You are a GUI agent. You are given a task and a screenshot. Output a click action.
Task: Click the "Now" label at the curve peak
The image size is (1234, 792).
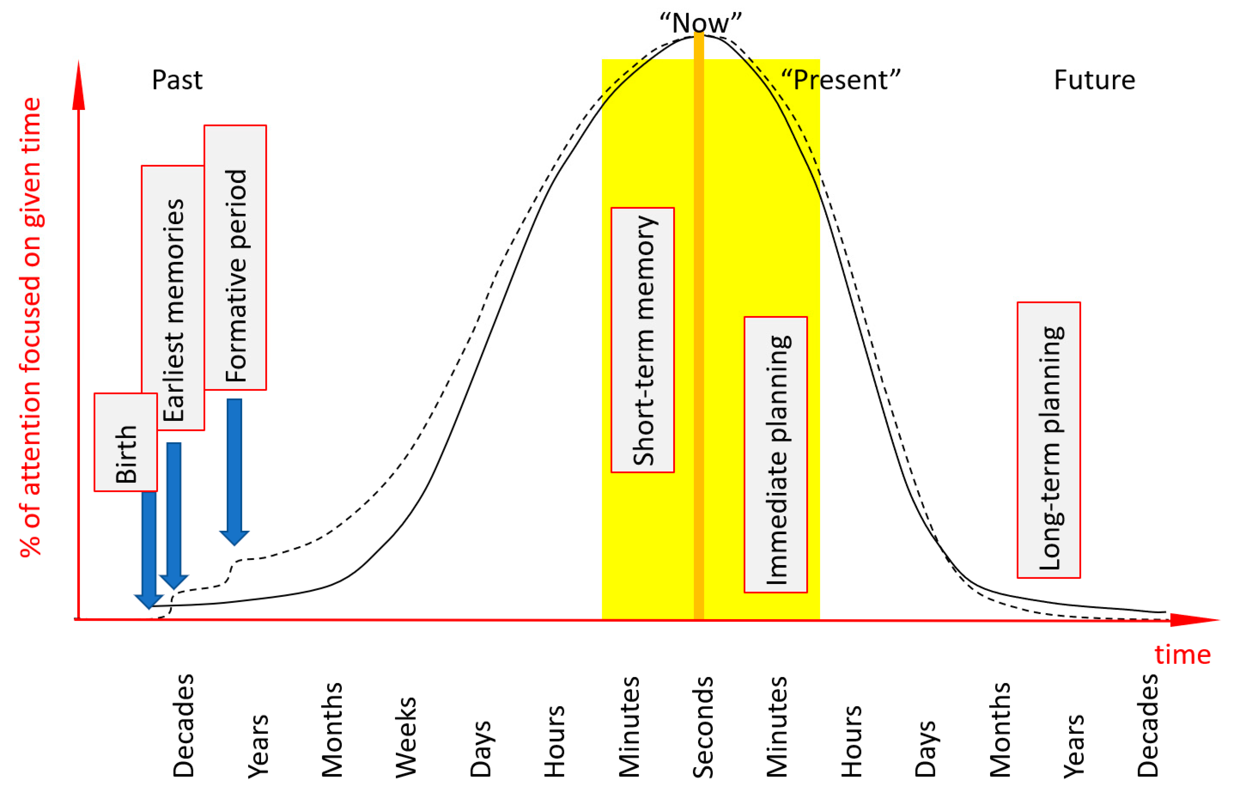pos(700,23)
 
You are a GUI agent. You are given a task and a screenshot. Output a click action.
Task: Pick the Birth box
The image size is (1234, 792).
pos(126,442)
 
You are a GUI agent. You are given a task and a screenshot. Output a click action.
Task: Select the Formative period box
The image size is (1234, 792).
pos(235,257)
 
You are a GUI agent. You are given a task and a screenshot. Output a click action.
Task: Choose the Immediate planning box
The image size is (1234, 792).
pos(775,455)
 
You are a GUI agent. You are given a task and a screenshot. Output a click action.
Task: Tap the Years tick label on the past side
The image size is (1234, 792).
pos(258,746)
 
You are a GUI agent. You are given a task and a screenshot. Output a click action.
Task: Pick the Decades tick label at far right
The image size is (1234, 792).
pos(1148,725)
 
